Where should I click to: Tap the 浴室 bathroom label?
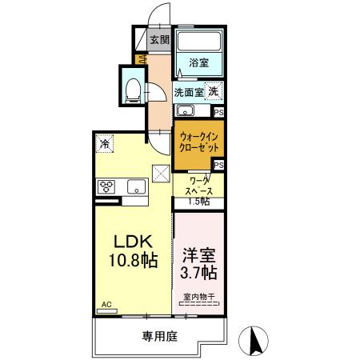point(199,62)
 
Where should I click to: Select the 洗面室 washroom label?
point(189,91)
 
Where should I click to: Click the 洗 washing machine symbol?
point(214,91)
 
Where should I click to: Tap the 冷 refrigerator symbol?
point(106,143)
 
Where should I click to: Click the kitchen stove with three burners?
point(106,188)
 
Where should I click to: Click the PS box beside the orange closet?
point(218,165)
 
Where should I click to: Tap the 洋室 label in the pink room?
point(200,254)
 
